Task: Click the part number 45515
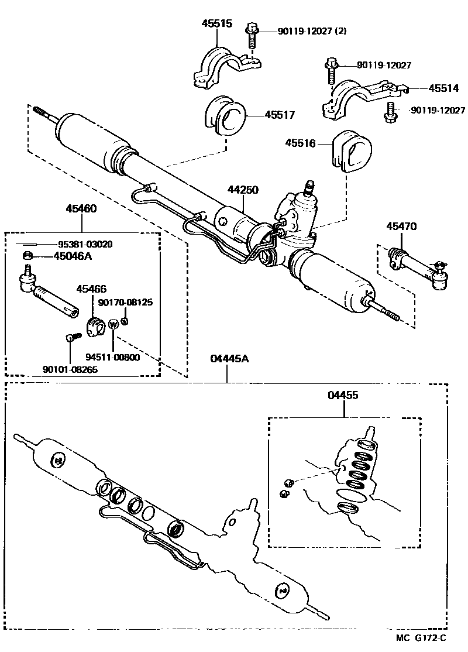point(217,24)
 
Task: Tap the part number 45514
point(445,88)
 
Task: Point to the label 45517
point(280,115)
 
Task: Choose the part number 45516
point(301,143)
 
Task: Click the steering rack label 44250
point(243,190)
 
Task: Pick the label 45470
point(401,226)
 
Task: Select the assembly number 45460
point(81,208)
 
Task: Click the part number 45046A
point(73,256)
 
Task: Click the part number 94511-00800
point(112,357)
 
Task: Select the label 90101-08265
point(70,369)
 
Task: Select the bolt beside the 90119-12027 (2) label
point(252,36)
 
